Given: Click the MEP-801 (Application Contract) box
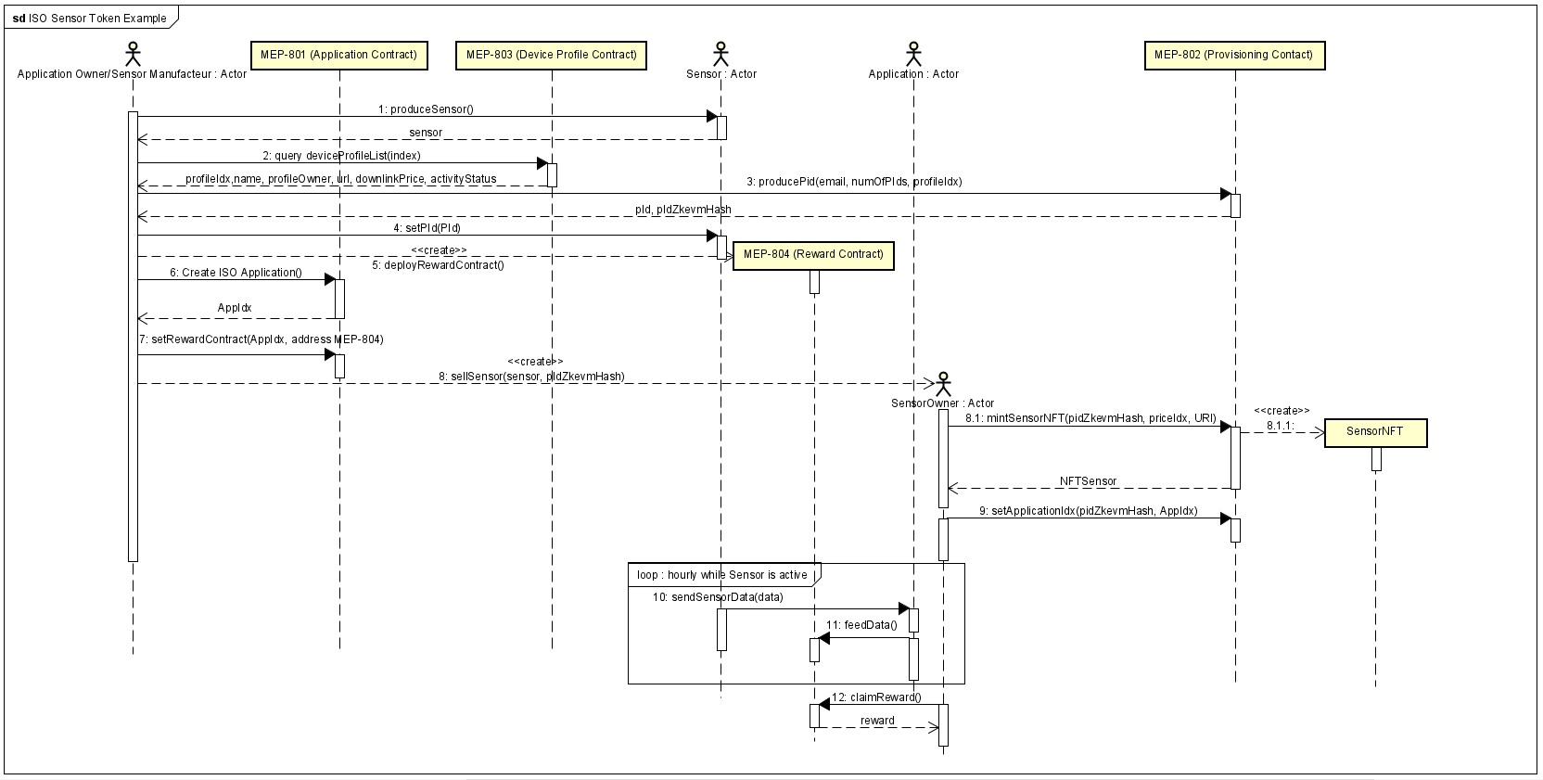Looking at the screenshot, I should point(338,56).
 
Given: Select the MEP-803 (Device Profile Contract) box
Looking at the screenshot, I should point(551,56).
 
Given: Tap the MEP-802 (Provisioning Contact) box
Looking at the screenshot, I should point(1233,56).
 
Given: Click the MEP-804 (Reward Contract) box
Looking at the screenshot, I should point(812,255).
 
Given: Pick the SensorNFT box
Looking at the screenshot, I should point(1374,432).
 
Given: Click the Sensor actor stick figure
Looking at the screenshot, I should point(720,53).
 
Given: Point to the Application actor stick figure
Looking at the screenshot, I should point(913,53).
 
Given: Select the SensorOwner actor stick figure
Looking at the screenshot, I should point(943,383).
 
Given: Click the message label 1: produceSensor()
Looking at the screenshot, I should point(426,109).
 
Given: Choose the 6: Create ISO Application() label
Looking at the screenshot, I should point(236,273).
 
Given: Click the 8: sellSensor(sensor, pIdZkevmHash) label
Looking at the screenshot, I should point(531,377).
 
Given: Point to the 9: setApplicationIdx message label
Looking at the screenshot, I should point(1088,511).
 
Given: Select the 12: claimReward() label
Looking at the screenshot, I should point(876,697).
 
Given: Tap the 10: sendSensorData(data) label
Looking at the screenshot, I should point(718,597).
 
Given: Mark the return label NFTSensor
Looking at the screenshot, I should point(1088,481).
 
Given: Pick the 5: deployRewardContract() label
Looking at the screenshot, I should point(438,265).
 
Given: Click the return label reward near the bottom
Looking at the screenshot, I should point(877,721).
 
